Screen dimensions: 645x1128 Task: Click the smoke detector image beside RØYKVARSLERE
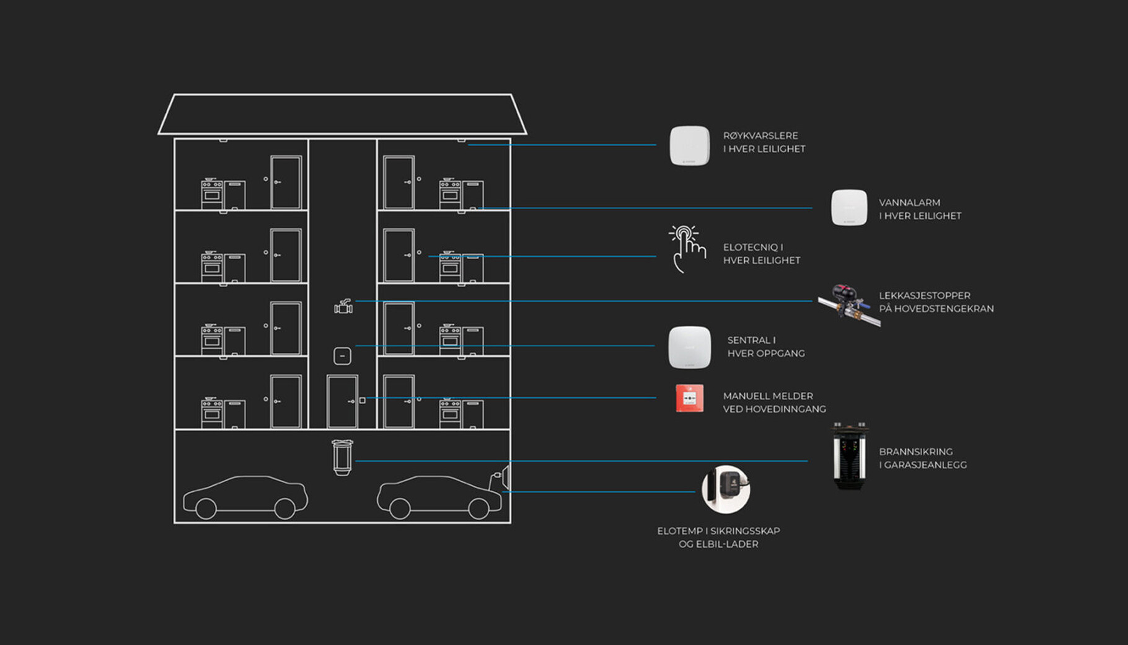click(689, 146)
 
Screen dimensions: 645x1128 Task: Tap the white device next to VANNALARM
click(848, 208)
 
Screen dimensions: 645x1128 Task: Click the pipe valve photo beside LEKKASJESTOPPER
click(848, 304)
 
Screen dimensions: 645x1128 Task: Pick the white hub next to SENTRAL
click(689, 347)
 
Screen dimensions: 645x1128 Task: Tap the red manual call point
click(689, 398)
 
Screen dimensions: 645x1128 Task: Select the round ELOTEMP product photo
click(726, 489)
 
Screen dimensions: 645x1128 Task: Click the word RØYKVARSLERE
click(760, 136)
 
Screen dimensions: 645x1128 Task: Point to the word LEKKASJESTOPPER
click(924, 296)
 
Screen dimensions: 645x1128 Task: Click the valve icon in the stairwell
click(343, 306)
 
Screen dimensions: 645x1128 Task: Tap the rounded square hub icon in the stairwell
click(342, 356)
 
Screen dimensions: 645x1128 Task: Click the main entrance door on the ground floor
click(342, 402)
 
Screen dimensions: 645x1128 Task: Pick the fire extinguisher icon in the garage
click(342, 458)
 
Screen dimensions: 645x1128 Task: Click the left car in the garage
click(245, 497)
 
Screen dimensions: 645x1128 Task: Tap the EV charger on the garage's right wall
click(502, 479)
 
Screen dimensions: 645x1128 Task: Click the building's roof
click(342, 114)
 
